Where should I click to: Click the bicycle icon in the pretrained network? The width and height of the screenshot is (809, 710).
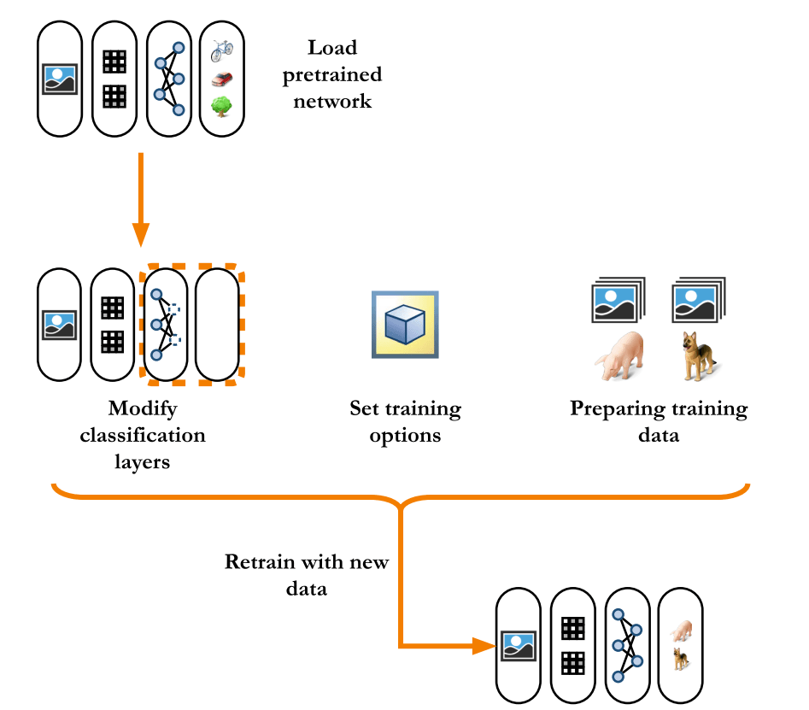click(x=221, y=51)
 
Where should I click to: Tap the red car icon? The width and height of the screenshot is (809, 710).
click(x=221, y=79)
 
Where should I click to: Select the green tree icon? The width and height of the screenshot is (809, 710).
click(x=221, y=107)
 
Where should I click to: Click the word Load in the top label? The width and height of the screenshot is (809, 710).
click(x=332, y=48)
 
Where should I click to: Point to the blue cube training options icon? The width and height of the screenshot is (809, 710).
click(x=405, y=325)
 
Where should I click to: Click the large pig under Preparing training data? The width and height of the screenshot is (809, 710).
click(x=618, y=357)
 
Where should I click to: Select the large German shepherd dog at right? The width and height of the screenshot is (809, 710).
click(x=698, y=357)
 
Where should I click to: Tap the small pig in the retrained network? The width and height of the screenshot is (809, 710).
click(x=681, y=631)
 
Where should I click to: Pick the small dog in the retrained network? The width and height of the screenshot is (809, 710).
click(x=681, y=659)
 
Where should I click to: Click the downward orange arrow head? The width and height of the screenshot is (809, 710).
click(x=141, y=233)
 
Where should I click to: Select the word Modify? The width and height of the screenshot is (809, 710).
click(x=143, y=408)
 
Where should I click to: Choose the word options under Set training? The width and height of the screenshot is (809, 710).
click(x=405, y=436)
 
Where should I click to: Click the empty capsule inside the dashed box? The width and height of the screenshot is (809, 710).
click(x=217, y=325)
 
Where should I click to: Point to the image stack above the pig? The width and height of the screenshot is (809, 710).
click(x=618, y=301)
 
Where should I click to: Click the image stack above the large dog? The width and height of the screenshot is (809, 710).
click(x=698, y=301)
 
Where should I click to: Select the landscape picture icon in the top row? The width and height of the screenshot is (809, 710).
click(x=60, y=79)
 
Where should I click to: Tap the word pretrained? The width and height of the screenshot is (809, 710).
click(x=332, y=74)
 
